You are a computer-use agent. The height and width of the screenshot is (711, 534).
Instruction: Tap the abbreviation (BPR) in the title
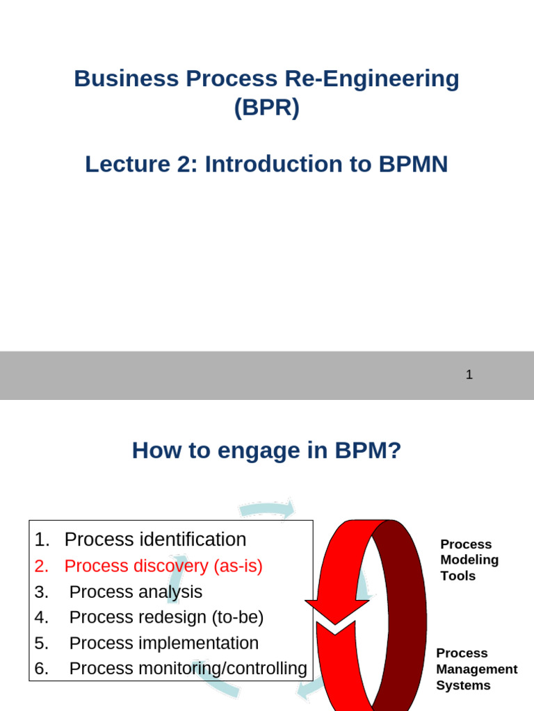tap(266, 109)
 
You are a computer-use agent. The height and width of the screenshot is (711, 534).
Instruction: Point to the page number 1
tap(469, 375)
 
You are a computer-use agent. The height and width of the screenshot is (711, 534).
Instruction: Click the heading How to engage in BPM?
tap(266, 451)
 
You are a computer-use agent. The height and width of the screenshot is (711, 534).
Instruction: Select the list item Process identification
tap(155, 539)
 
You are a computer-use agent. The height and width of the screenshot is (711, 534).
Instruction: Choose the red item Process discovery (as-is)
tap(163, 566)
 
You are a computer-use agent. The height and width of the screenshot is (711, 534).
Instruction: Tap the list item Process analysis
tap(136, 592)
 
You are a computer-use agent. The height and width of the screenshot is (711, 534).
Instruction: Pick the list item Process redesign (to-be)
tap(167, 617)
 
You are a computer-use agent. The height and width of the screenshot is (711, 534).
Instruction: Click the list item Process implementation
tap(164, 643)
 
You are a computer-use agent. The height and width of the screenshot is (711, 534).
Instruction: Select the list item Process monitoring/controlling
tap(188, 669)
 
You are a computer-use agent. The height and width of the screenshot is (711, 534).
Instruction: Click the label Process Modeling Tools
tap(469, 560)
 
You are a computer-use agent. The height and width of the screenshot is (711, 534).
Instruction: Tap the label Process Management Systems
tap(476, 669)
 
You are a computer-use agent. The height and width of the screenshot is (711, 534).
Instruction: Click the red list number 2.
tap(42, 566)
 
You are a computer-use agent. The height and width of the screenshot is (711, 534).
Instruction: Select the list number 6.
tap(42, 669)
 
